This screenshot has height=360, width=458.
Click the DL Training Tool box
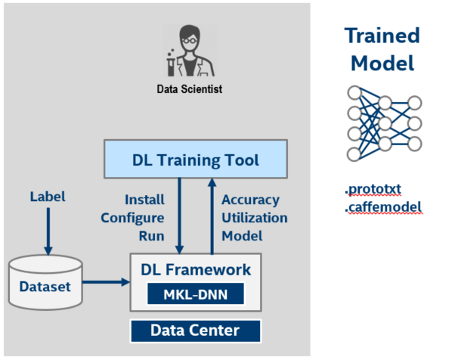[196, 159]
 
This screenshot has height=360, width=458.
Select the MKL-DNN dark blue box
[196, 293]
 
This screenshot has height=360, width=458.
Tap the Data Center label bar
[196, 331]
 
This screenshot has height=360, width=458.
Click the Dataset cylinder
[45, 282]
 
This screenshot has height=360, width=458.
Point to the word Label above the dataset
[48, 197]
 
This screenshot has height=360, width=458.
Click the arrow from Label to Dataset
[48, 231]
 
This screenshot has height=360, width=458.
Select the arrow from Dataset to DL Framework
[106, 282]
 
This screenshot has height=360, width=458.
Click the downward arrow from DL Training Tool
[179, 216]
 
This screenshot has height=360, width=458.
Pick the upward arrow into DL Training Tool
[212, 216]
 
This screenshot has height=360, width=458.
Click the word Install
[144, 200]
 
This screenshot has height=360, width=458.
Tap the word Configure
[132, 219]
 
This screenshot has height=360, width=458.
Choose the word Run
[152, 236]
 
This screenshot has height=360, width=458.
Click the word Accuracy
[251, 200]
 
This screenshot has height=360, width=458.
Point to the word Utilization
[255, 218]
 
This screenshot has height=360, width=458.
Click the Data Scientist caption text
[190, 88]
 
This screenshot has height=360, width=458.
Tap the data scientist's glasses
[189, 40]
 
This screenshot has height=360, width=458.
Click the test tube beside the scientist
[171, 64]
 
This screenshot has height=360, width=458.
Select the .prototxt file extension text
[373, 189]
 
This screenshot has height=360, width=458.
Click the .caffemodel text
[383, 207]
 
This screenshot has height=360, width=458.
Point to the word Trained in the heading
[382, 36]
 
